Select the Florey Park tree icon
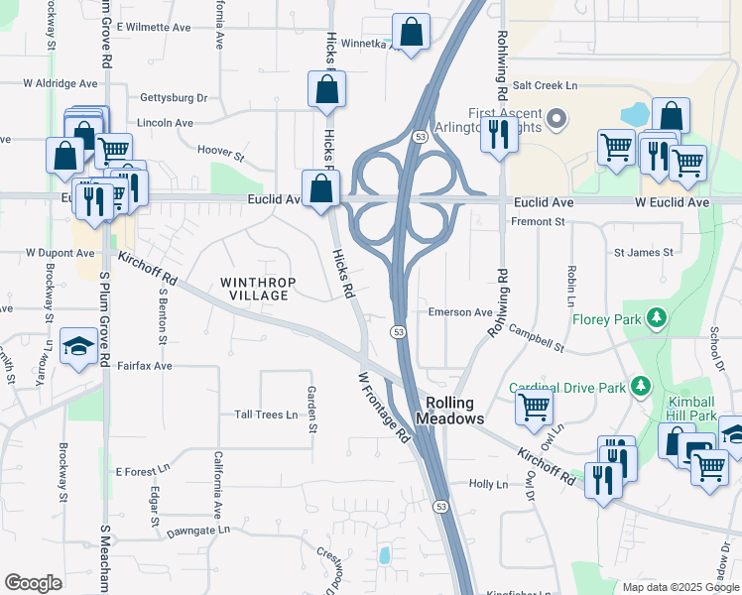coord(655,318)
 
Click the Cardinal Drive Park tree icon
coord(642,386)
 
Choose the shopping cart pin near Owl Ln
coord(535,406)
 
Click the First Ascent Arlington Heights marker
coord(556,120)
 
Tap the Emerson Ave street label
coord(460,312)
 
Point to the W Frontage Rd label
coord(384,407)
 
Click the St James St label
coord(643,253)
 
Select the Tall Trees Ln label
coord(266,415)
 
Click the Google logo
coord(34,583)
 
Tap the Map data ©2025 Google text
coord(680,587)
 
